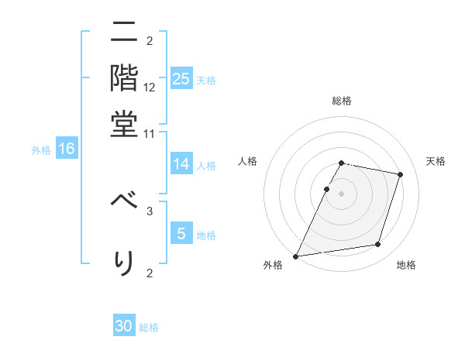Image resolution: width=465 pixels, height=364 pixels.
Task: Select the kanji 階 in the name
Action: tap(123, 78)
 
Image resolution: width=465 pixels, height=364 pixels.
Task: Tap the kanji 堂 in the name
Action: tap(123, 123)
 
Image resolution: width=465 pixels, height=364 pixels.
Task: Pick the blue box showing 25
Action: tap(181, 78)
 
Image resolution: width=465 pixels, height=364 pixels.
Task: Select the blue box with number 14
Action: tap(181, 164)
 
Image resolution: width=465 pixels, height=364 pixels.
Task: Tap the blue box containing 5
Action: tap(181, 234)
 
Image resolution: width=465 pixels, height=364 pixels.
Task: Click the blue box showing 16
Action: tap(67, 149)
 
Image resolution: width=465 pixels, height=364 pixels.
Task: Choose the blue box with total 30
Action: tap(124, 326)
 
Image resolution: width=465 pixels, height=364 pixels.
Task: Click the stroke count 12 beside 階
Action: tap(150, 88)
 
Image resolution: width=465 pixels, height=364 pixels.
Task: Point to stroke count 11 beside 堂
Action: tap(150, 133)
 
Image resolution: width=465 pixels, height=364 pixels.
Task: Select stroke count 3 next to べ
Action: tap(150, 210)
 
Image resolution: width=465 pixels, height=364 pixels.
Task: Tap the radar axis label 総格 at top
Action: tap(341, 101)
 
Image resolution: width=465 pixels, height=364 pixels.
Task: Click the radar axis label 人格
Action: tap(248, 161)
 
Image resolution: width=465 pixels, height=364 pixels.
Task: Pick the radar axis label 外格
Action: tap(272, 265)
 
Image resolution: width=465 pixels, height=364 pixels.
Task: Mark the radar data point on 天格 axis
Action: tap(400, 174)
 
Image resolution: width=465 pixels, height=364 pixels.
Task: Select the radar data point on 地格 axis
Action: tap(377, 245)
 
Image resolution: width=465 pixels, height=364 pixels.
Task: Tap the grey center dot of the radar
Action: tap(341, 194)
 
